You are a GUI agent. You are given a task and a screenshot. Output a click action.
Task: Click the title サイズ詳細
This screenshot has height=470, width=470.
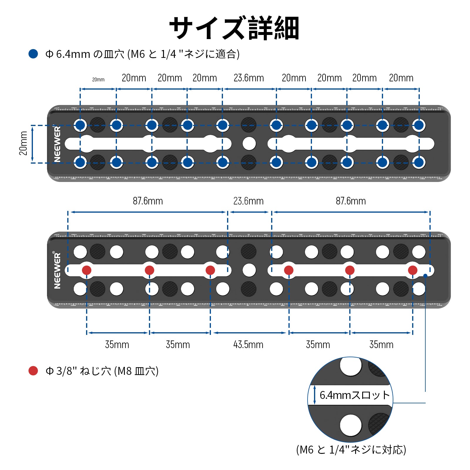click(x=234, y=28)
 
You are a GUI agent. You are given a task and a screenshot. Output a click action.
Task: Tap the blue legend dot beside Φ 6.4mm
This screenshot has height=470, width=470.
click(x=33, y=54)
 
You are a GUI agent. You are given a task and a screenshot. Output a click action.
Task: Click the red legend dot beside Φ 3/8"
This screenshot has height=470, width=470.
click(x=33, y=371)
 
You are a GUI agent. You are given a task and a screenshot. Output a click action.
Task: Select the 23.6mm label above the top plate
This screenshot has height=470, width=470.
click(x=249, y=78)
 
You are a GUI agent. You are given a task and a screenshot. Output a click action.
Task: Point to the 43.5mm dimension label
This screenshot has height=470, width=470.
click(x=248, y=345)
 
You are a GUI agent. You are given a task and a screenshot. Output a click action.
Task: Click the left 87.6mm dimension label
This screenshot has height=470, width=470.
click(x=148, y=201)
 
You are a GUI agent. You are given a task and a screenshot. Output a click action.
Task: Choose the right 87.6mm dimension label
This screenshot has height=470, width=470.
click(x=351, y=201)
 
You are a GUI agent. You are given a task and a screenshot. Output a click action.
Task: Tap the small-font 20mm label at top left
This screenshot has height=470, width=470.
click(x=98, y=80)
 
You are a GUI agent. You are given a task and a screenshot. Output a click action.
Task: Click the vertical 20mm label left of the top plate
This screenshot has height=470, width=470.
click(x=23, y=143)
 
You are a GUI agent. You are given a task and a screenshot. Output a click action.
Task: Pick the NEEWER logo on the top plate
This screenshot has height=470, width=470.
click(x=57, y=144)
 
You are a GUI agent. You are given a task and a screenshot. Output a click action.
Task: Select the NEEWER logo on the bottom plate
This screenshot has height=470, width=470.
click(x=57, y=270)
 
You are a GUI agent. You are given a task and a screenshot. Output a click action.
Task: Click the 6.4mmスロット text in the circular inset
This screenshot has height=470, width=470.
click(x=355, y=395)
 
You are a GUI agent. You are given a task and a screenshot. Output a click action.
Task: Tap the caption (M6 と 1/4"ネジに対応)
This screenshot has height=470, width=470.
click(x=351, y=450)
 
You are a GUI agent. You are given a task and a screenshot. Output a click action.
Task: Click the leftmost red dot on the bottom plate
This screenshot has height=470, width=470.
click(x=86, y=270)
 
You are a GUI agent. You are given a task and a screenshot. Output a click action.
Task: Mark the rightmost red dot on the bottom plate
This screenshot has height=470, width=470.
click(x=412, y=270)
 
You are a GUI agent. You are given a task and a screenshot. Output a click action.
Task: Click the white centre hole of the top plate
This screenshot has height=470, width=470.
click(x=249, y=144)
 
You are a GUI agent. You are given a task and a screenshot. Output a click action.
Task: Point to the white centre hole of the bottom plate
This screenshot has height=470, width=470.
click(x=249, y=270)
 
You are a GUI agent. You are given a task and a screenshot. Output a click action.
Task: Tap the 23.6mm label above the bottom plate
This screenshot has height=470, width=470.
click(x=248, y=201)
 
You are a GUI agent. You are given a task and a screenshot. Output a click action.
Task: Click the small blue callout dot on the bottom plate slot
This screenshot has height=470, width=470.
click(x=425, y=276)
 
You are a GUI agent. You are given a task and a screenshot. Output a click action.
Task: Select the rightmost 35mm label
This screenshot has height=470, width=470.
click(x=381, y=345)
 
